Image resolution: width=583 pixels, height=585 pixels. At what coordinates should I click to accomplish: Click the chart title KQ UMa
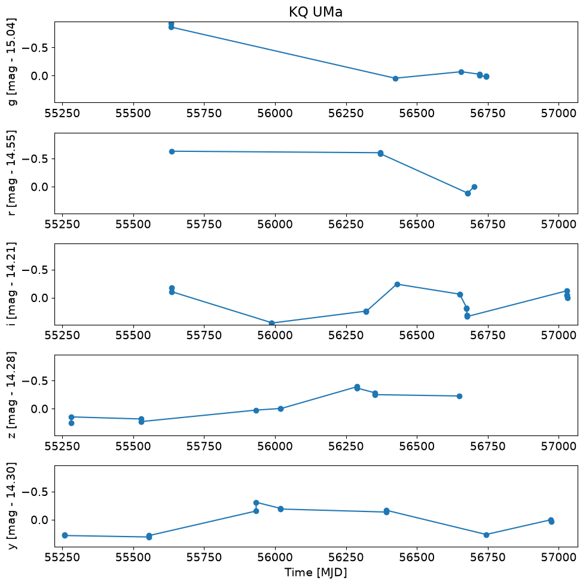[x=316, y=12]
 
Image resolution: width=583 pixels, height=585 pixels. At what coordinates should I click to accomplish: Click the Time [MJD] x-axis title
[x=316, y=572]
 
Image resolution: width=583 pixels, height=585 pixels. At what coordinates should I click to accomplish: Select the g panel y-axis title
[x=12, y=62]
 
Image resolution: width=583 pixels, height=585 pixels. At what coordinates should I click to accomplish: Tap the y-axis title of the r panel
[x=12, y=173]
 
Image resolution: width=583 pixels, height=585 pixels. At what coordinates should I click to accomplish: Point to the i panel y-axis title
[x=12, y=284]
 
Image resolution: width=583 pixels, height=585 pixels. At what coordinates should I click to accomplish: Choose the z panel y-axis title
[x=12, y=395]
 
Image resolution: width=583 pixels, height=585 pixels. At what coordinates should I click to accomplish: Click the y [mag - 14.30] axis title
[x=12, y=506]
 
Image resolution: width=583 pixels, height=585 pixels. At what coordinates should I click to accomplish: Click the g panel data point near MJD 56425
[x=395, y=78]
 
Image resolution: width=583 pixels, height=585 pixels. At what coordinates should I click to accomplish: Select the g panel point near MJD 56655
[x=461, y=72]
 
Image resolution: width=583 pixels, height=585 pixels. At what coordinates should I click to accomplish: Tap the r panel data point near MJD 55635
[x=172, y=151]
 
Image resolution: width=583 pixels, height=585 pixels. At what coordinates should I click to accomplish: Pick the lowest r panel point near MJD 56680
[x=468, y=193]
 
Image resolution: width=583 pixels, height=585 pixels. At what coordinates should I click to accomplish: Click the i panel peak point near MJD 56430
[x=397, y=284]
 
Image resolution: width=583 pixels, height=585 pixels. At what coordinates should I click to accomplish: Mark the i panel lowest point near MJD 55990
[x=272, y=323]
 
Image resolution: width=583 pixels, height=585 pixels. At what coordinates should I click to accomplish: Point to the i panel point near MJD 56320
[x=367, y=312]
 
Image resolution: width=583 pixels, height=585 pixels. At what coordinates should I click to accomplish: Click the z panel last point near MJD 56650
[x=460, y=396]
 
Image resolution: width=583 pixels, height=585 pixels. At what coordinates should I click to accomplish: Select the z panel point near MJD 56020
[x=281, y=409]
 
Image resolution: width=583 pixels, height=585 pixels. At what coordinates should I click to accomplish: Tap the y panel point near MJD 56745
[x=486, y=535]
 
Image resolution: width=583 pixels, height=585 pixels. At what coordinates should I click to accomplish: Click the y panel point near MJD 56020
[x=281, y=509]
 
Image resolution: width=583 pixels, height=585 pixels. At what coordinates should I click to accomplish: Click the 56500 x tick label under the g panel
[x=417, y=113]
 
